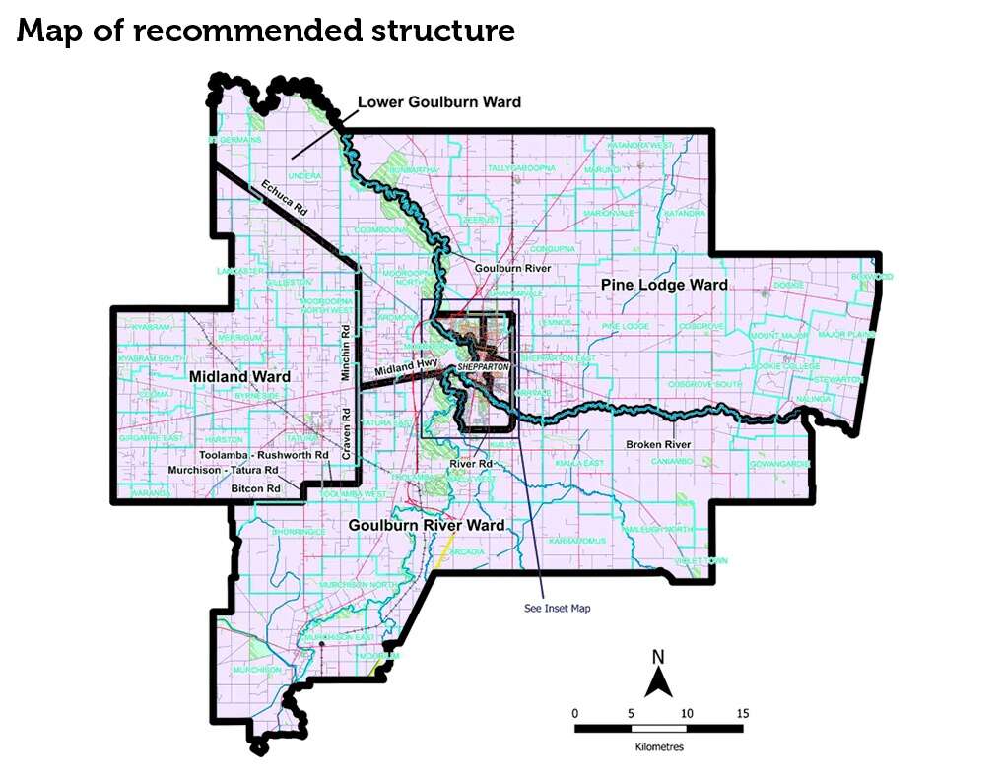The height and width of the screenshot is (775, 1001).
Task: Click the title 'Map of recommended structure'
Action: coord(266,31)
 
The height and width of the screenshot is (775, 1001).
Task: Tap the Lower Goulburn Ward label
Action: coord(439,102)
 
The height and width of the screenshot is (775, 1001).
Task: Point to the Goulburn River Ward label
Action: coord(427,526)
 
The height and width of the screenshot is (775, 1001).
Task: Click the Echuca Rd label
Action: coord(286,197)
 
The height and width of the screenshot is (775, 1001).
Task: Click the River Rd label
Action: coord(469,463)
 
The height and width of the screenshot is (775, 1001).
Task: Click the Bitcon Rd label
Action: coord(255,487)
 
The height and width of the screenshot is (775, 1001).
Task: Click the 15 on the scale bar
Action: coord(742,713)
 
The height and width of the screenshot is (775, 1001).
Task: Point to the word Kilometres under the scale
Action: coord(659,746)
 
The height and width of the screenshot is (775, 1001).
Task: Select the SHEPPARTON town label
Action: coord(482,367)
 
